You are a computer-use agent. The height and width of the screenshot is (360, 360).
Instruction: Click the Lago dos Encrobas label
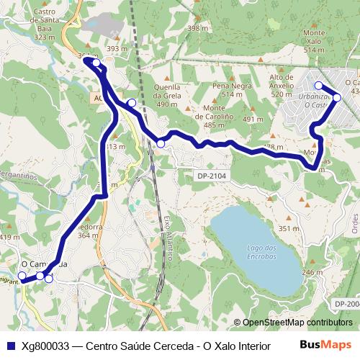click(x=261, y=252)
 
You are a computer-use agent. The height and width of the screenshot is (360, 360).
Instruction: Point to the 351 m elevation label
click(x=289, y=229)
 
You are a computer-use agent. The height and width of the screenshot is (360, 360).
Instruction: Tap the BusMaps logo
click(x=325, y=345)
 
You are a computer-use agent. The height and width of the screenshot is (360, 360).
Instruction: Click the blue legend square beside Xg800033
click(x=9, y=346)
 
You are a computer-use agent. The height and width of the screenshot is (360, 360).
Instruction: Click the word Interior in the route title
click(x=241, y=346)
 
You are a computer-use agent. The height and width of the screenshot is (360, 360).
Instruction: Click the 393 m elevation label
click(x=117, y=49)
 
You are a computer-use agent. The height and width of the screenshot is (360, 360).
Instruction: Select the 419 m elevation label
click(x=9, y=237)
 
